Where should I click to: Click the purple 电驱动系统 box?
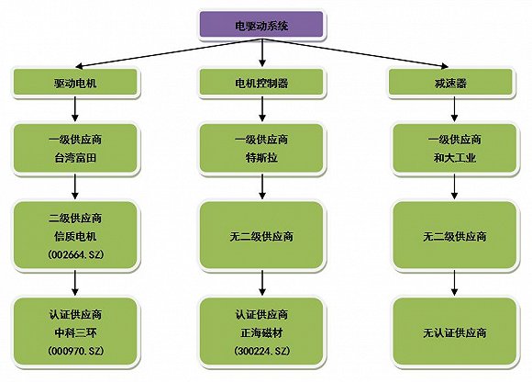coord(261,25)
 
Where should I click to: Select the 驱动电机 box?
coord(75,83)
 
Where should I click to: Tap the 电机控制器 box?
coord(261,83)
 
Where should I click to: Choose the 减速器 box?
coord(450,83)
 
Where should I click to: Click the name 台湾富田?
coord(75,158)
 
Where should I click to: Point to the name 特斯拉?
coord(261,158)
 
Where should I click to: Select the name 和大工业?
coord(455,158)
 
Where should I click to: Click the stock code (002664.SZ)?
coord(75,254)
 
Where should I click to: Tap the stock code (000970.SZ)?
coord(75,351)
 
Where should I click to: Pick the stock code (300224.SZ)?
coord(261,351)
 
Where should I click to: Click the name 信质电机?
coord(75,236)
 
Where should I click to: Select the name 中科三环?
coord(75,332)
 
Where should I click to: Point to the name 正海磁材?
coord(261,332)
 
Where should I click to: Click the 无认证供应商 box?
coord(455,332)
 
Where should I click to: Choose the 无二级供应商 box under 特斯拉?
coord(261,236)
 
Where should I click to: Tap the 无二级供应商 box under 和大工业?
coord(455,236)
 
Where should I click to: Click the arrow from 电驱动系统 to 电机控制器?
coord(261,52)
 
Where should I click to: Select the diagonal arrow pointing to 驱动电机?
coord(168,53)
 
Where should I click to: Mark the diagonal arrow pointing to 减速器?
coord(355,53)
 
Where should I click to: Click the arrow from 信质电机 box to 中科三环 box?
coord(75,283)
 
